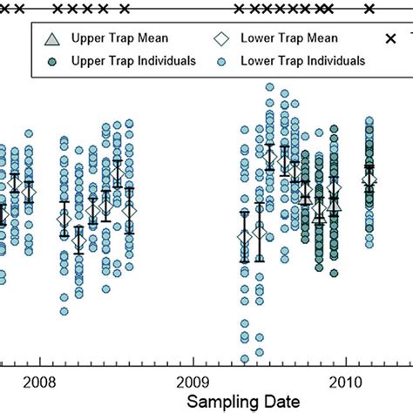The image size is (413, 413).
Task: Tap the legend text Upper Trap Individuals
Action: (139, 60)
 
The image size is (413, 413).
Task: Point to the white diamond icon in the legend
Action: (223, 39)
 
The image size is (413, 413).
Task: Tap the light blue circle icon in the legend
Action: (223, 60)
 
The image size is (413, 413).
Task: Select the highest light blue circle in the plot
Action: (270, 88)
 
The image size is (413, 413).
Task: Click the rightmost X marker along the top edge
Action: (369, 10)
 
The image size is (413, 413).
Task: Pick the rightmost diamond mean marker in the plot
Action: (369, 179)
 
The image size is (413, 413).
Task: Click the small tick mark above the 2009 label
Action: (193, 364)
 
